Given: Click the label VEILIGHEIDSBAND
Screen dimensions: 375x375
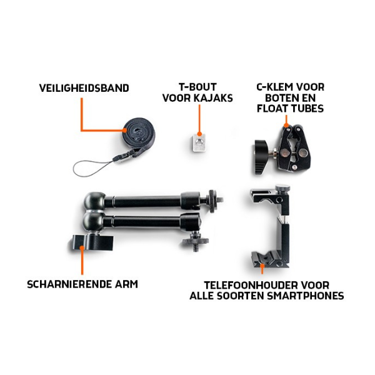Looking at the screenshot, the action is coord(84,88).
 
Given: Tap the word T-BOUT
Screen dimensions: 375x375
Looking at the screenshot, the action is coord(197,87).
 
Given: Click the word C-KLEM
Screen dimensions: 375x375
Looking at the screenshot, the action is coord(272,87).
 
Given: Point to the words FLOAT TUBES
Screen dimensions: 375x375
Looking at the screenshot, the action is coord(290,109).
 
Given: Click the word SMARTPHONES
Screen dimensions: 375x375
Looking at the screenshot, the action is coord(306,296).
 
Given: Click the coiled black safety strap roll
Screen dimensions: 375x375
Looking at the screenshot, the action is coord(139,134).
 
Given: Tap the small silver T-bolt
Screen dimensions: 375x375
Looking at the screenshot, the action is coord(199,142).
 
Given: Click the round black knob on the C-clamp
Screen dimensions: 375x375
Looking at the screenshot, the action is coord(261,155).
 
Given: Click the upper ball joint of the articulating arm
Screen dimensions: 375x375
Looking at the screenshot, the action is coord(94,201).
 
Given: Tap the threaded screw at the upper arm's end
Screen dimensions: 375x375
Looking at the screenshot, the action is coord(219,199).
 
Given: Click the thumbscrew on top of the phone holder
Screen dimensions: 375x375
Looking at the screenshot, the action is coord(282,188).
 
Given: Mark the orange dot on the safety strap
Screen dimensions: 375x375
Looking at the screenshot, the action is coord(124,131).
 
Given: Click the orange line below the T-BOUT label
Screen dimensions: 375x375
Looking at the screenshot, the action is coord(199,119).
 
